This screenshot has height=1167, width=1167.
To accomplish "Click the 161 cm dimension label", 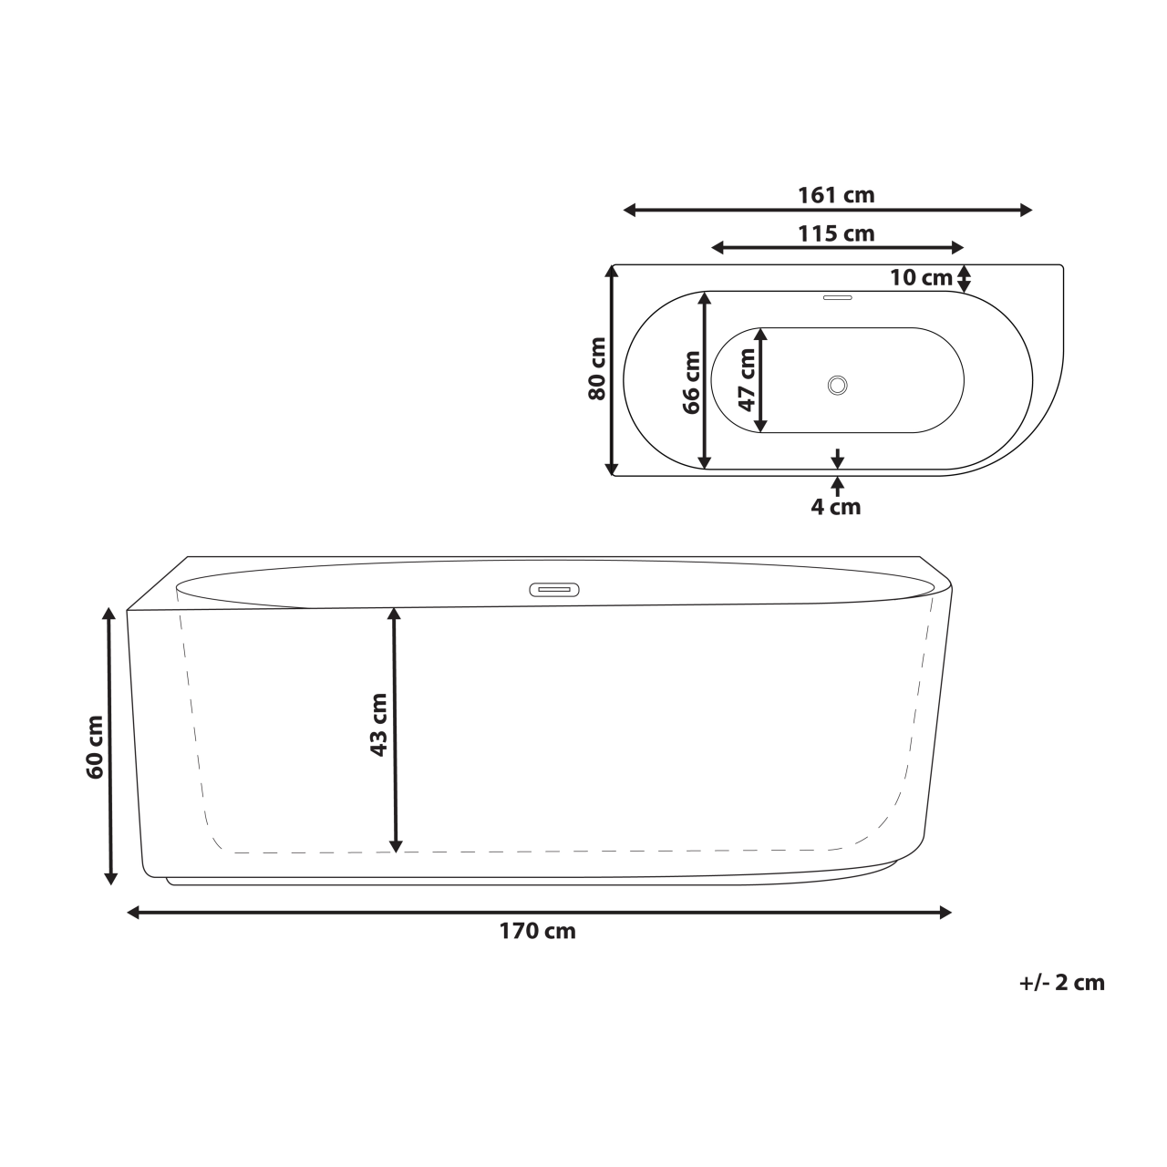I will pyautogui.click(x=836, y=195).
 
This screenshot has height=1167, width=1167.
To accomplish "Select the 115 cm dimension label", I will pyautogui.click(x=836, y=233).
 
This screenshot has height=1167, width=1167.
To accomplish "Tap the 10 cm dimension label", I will pyautogui.click(x=921, y=278).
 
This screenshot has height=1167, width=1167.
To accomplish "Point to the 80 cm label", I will pyautogui.click(x=597, y=369).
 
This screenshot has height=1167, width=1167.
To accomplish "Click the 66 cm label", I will pyautogui.click(x=692, y=383).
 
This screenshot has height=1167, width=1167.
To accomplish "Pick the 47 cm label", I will pyautogui.click(x=747, y=378).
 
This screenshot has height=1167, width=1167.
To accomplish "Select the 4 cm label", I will pyautogui.click(x=836, y=507).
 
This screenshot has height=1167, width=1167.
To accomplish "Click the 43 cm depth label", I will pyautogui.click(x=378, y=725).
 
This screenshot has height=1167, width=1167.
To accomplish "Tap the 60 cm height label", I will pyautogui.click(x=94, y=747).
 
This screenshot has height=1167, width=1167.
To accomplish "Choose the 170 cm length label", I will pyautogui.click(x=537, y=931).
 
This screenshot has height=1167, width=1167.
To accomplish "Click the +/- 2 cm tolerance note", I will pyautogui.click(x=1061, y=982).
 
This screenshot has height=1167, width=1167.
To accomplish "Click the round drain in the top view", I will pyautogui.click(x=838, y=385).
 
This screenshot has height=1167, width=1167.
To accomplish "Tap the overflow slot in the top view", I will pyautogui.click(x=837, y=296).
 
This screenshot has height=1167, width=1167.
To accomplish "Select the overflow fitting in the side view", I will pyautogui.click(x=554, y=589).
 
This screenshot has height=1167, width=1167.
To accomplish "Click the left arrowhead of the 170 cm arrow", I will pyautogui.click(x=133, y=912).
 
